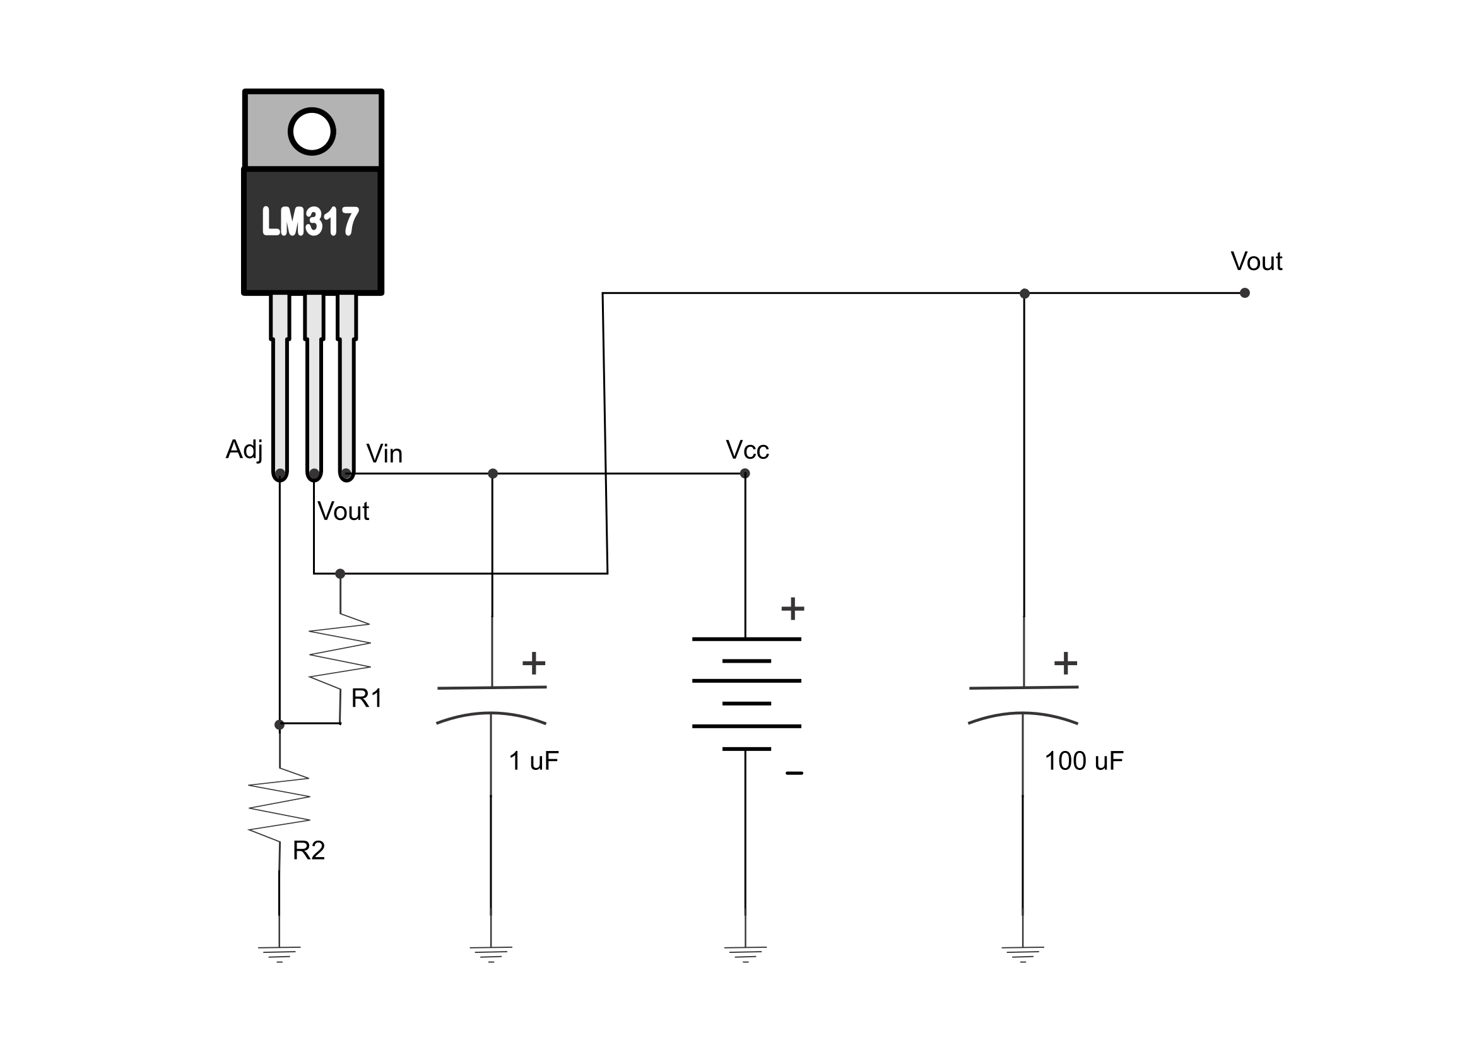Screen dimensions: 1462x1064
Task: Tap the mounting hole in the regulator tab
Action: coord(312,131)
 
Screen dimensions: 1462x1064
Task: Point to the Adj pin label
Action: coord(244,449)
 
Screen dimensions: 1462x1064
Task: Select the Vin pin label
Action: coord(384,453)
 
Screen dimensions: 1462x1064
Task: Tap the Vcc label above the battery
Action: coord(747,449)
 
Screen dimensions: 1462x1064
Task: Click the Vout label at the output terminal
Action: coord(1256,261)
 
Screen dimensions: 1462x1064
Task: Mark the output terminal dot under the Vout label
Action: coord(1245,293)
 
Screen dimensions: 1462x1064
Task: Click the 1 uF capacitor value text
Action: coord(533,761)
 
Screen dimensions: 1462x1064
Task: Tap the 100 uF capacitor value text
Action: coord(1083,761)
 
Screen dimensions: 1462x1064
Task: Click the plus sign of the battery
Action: coord(793,608)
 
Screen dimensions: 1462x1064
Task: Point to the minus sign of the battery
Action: coord(794,772)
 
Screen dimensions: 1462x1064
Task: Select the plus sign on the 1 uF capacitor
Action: coord(534,663)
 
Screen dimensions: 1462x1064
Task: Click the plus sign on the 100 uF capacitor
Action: coord(1066,663)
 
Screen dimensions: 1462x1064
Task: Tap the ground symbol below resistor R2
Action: coord(279,954)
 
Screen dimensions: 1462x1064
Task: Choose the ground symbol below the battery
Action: coord(746,954)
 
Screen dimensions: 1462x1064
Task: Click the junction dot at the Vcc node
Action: coord(745,473)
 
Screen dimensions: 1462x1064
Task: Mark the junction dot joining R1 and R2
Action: coord(279,725)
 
